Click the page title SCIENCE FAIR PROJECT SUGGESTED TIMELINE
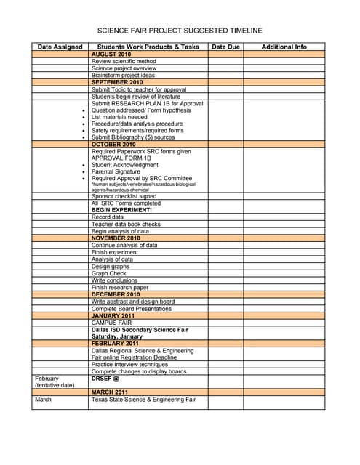point(180,31)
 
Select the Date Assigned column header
point(60,46)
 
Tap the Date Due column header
point(225,46)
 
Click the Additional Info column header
point(284,46)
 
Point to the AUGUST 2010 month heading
point(111,54)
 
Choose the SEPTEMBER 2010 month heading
point(117,82)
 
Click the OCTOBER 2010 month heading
point(113,145)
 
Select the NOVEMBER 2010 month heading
point(116,238)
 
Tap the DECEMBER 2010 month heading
point(116,294)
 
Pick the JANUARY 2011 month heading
point(113,315)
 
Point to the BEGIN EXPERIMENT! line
point(121,210)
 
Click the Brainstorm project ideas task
point(123,76)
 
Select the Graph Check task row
point(109,273)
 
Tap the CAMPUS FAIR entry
point(111,323)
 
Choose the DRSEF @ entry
point(105,379)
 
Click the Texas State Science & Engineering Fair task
point(143,400)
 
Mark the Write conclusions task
point(114,280)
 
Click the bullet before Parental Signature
point(85,171)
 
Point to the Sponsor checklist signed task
point(124,196)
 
